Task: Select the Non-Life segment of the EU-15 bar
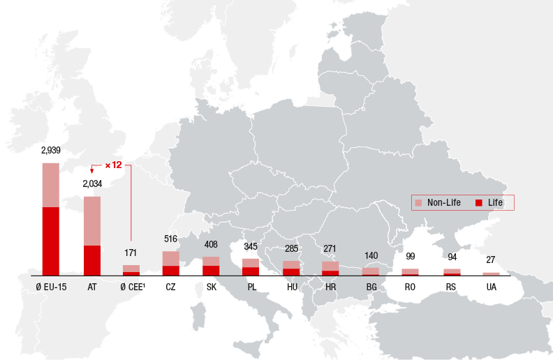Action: click(x=50, y=185)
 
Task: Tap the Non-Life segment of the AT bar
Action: click(x=92, y=220)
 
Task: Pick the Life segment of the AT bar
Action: click(x=92, y=260)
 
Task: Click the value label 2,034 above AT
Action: click(x=92, y=184)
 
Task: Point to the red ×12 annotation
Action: click(x=113, y=165)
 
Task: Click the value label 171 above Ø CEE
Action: click(x=131, y=253)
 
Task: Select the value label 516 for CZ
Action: click(x=170, y=239)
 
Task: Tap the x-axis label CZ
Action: click(x=170, y=287)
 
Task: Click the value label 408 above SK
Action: click(x=211, y=244)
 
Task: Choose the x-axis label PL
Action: click(x=251, y=287)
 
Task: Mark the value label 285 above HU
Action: click(x=291, y=248)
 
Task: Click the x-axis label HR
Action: click(x=330, y=287)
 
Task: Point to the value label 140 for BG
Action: click(x=370, y=255)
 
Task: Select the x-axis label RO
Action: click(x=410, y=287)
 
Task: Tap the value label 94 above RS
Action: click(x=452, y=256)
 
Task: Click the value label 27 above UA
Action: click(x=491, y=260)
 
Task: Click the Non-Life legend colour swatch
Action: click(x=419, y=203)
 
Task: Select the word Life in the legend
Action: click(x=495, y=203)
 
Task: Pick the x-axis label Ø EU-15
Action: click(x=50, y=287)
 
